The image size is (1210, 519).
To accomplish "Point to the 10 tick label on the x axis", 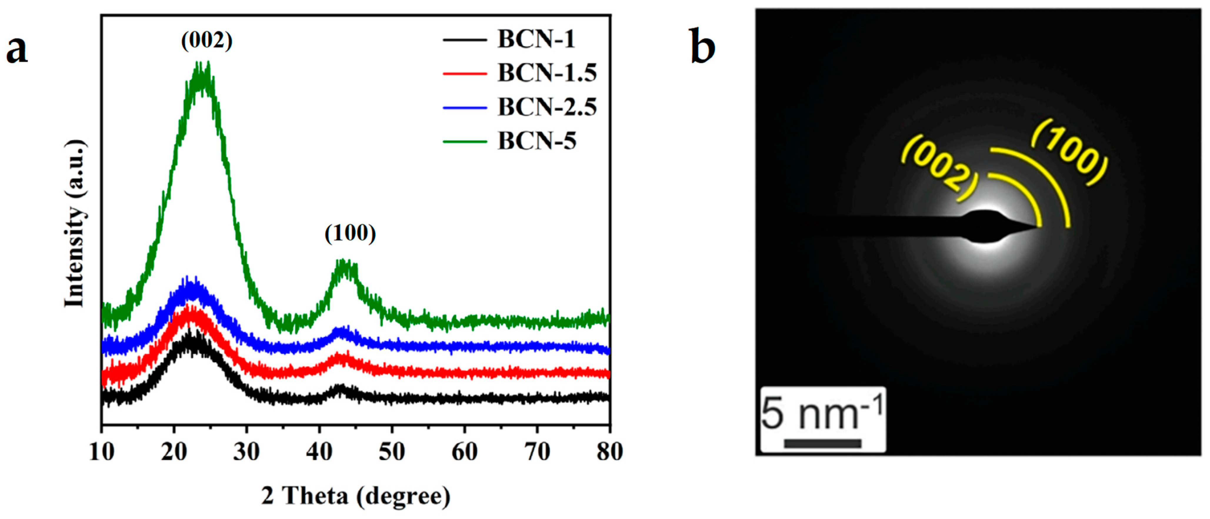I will [x=101, y=452].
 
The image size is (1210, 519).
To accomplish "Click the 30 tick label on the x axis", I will [x=246, y=452].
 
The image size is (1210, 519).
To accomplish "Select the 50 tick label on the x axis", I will [x=392, y=452].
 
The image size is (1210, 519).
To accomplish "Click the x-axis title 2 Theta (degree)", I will [x=356, y=496].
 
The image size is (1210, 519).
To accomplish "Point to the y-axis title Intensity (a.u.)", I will [x=75, y=223].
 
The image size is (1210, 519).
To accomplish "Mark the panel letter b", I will [x=702, y=47].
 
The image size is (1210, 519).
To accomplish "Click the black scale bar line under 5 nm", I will [x=822, y=443].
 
